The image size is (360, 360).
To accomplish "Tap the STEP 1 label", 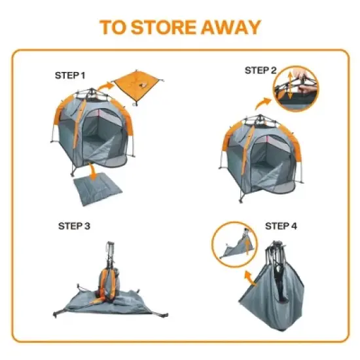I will pyautogui.click(x=69, y=75).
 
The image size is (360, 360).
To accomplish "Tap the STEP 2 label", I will pyautogui.click(x=261, y=70).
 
